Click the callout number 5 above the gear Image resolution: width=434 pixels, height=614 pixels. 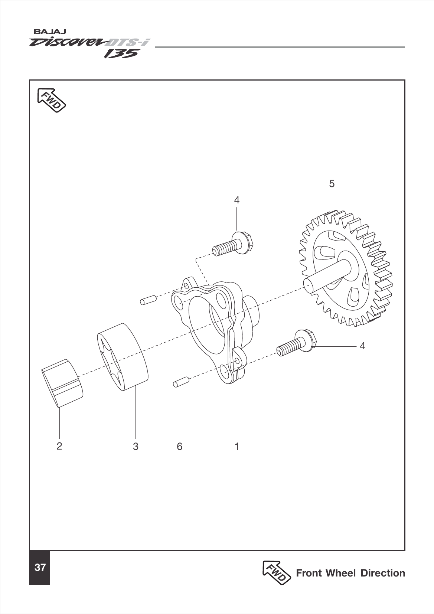click(332, 183)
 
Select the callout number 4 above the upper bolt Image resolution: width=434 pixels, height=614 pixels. click(237, 200)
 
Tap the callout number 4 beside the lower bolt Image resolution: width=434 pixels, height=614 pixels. click(362, 346)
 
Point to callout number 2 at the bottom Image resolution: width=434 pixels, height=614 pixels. click(59, 446)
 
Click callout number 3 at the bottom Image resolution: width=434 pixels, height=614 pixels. click(136, 446)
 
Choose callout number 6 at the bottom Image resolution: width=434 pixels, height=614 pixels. click(180, 446)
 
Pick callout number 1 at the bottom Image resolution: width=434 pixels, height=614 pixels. click(237, 446)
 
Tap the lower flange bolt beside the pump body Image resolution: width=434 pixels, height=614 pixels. click(297, 344)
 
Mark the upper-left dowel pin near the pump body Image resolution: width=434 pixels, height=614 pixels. click(149, 299)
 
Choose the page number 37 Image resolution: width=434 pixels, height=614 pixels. click(40, 568)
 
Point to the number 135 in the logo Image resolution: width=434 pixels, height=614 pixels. click(121, 54)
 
